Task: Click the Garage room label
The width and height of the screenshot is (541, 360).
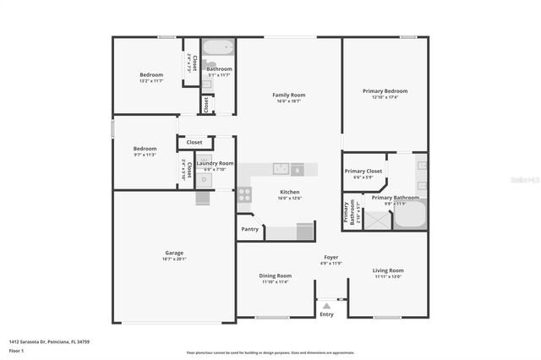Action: (x=174, y=253)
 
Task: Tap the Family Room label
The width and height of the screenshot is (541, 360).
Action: (x=288, y=95)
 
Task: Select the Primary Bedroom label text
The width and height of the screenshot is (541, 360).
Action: (x=385, y=91)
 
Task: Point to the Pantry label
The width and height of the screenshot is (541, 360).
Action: (x=249, y=229)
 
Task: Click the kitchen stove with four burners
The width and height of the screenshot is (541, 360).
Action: (x=244, y=194)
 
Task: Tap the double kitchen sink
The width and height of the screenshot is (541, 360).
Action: (x=280, y=168)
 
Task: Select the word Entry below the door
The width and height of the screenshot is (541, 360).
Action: (x=327, y=314)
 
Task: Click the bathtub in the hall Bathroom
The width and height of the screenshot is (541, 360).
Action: (x=218, y=47)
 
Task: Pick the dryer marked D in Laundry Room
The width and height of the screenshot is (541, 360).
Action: (x=204, y=178)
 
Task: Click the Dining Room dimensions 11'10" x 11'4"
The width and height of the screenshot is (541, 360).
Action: (x=275, y=282)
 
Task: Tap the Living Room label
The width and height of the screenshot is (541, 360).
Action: (x=388, y=270)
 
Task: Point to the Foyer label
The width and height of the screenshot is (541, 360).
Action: (x=331, y=257)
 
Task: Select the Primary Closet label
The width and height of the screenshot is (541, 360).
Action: (x=363, y=171)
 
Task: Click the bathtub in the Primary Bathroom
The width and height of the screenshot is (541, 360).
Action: (x=411, y=216)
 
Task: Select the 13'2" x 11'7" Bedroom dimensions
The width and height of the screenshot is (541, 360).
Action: (x=151, y=81)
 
